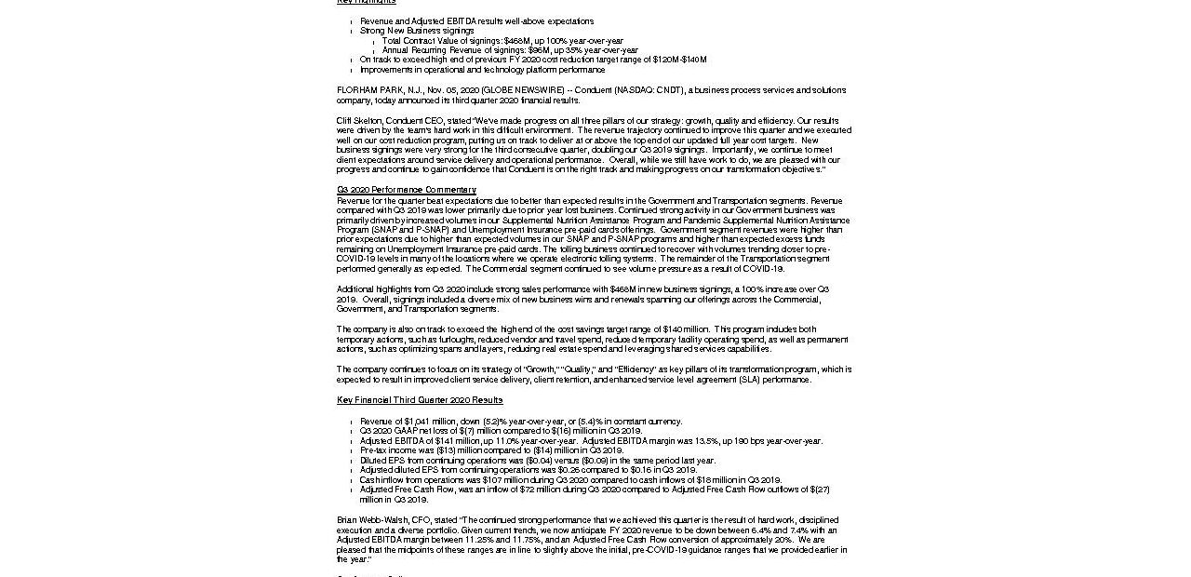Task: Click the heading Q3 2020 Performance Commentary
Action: (x=393, y=190)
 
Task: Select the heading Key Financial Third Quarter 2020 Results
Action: (x=420, y=400)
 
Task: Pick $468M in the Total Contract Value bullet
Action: (x=516, y=41)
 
